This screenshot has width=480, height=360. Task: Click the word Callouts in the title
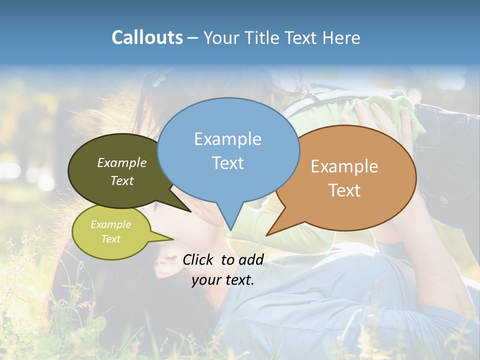tap(147, 37)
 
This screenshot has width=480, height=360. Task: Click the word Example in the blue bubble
tap(227, 139)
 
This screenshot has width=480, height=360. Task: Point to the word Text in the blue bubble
tap(227, 163)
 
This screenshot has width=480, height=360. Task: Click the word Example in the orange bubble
tap(344, 166)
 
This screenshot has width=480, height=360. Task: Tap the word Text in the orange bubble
tap(344, 190)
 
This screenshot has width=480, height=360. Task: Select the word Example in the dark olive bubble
tap(122, 162)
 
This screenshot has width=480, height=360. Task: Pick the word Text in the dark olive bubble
tap(122, 180)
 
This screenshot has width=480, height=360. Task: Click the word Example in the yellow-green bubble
tap(110, 224)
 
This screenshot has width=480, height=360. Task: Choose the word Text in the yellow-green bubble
tap(110, 239)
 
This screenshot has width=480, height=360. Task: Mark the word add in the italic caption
tap(251, 259)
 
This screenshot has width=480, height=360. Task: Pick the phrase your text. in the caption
tap(223, 280)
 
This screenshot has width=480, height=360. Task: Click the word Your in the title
tap(222, 37)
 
